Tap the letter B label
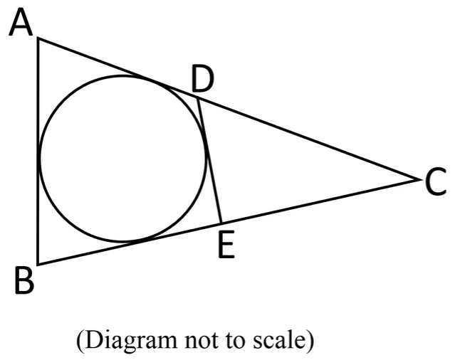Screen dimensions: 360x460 click(x=23, y=282)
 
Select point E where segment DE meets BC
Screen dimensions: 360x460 click(x=222, y=222)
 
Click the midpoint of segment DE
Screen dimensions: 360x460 click(x=209, y=160)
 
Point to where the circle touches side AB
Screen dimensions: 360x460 click(x=38, y=158)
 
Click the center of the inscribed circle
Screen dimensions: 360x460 click(x=123, y=159)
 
